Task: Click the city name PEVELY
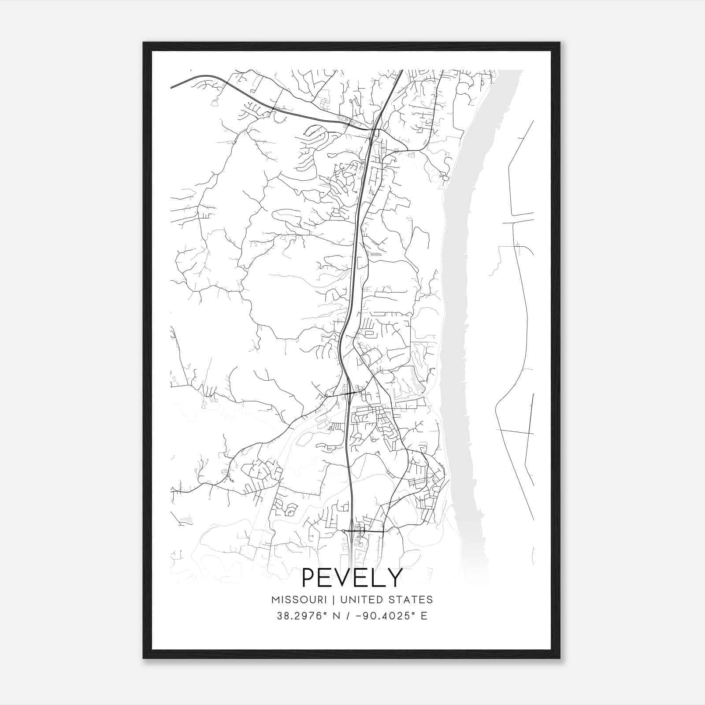pos(352,577)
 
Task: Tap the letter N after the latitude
pos(337,616)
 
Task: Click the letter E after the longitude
pos(424,616)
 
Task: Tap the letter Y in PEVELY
pos(395,578)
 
